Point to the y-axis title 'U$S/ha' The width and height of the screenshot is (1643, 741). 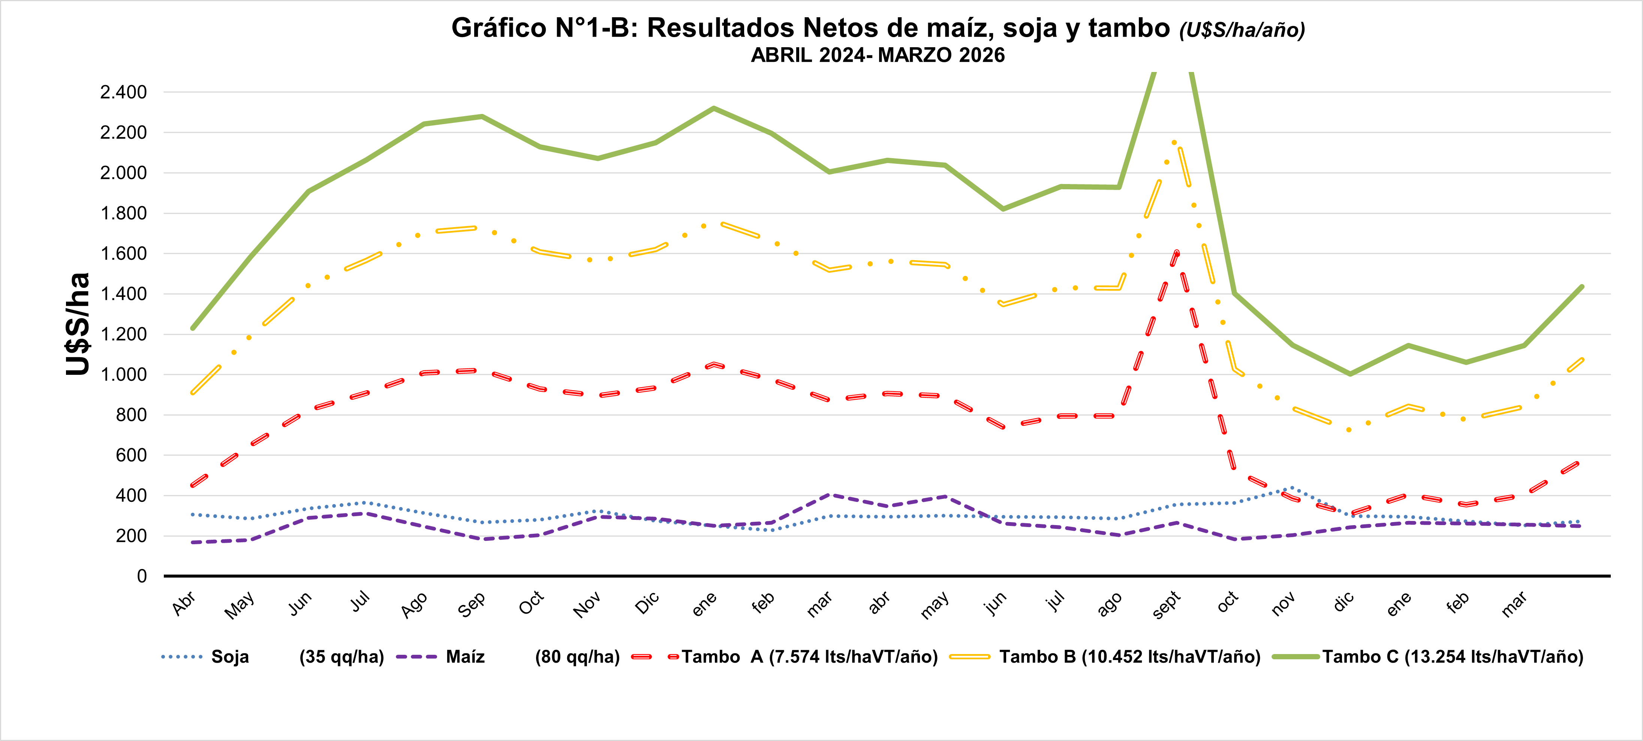[78, 324]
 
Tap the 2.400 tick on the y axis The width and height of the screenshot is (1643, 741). [123, 93]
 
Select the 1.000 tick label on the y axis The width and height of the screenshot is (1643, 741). [123, 374]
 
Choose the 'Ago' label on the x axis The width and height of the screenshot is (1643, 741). [415, 605]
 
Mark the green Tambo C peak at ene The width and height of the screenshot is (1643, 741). [714, 108]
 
